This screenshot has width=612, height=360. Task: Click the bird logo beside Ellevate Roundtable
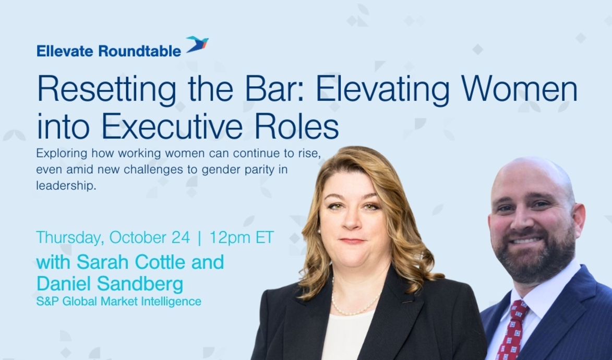pos(197,45)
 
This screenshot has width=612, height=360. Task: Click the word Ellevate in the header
pos(65,51)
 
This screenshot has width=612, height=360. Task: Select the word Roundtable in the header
pos(139,51)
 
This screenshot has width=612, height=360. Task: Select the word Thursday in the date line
pos(69,237)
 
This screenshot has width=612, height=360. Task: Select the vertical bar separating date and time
pos(199,237)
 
